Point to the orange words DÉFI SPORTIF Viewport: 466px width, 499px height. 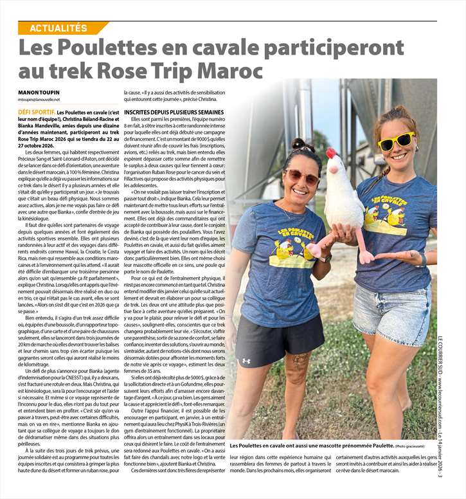(x=37, y=112)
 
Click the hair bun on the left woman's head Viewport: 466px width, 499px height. (x=300, y=144)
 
